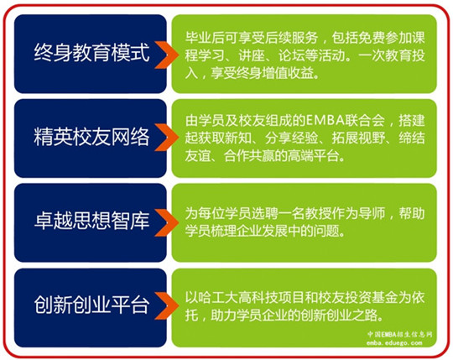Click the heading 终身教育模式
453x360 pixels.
coord(92,52)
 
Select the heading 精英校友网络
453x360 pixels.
coord(92,137)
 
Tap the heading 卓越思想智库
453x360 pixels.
coord(92,221)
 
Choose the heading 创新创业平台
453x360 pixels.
coord(92,305)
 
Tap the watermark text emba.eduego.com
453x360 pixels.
coord(394,343)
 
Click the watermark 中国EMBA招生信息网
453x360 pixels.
coord(400,334)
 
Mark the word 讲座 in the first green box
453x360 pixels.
coord(252,55)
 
